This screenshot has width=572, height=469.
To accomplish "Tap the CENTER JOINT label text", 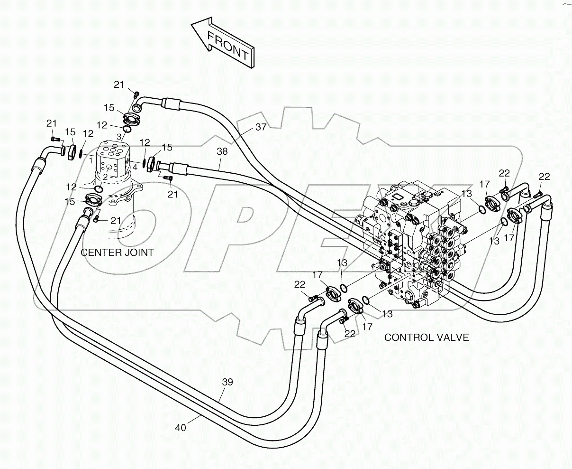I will click(x=117, y=252).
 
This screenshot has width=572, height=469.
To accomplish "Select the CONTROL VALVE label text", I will click(x=426, y=338).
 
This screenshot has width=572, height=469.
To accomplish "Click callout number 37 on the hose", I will click(x=261, y=127).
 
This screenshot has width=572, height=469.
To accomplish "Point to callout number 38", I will click(x=222, y=151).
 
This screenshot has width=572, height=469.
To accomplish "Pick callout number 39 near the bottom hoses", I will click(x=228, y=382).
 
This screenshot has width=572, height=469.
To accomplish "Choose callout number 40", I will click(x=180, y=427).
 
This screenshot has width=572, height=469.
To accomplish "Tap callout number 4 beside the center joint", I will click(x=135, y=167).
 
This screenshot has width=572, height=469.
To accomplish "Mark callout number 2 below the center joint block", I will click(x=105, y=177).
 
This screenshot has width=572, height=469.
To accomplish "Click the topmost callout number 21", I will click(x=118, y=85).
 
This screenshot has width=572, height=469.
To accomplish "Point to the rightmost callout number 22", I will click(x=544, y=177).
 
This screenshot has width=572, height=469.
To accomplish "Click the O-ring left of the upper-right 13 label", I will click(x=482, y=209).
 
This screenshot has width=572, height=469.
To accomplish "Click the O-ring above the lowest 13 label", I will click(x=366, y=299).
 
